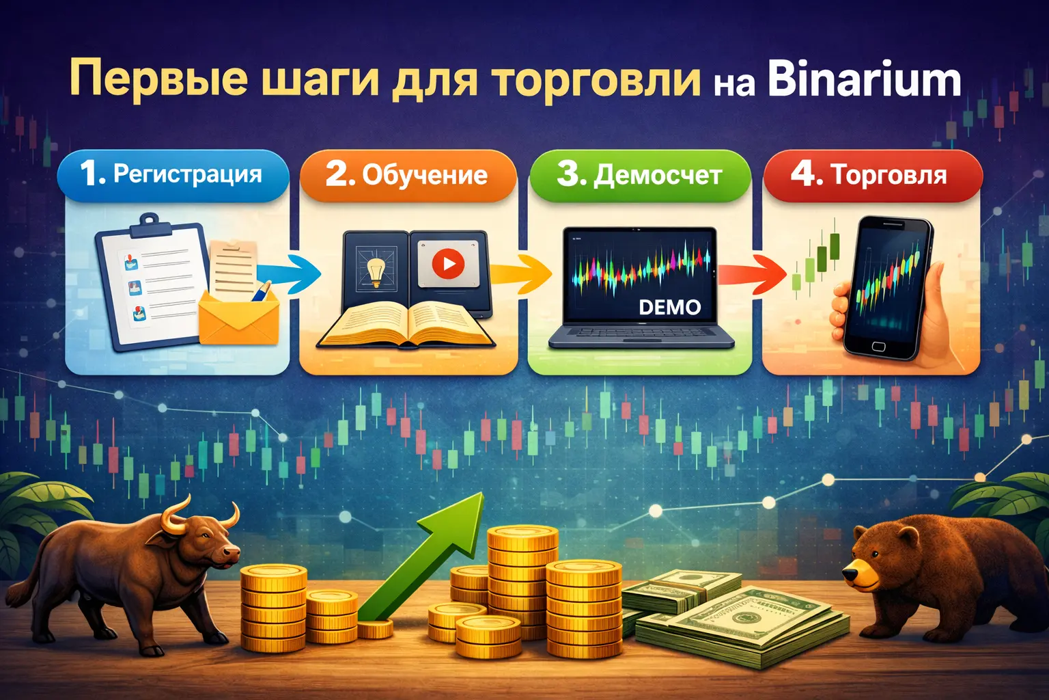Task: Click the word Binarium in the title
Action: click(x=864, y=80)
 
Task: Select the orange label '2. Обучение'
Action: click(x=408, y=175)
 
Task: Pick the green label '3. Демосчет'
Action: click(x=640, y=175)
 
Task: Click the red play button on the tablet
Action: click(x=448, y=264)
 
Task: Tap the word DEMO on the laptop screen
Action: click(x=669, y=308)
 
